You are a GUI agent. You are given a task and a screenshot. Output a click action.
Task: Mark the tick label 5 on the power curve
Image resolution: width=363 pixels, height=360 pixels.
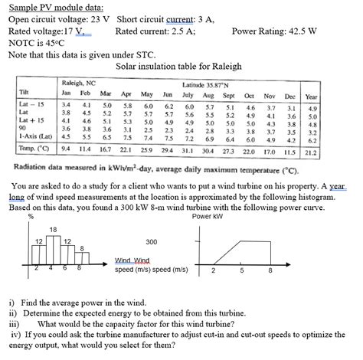coord(243,270)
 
